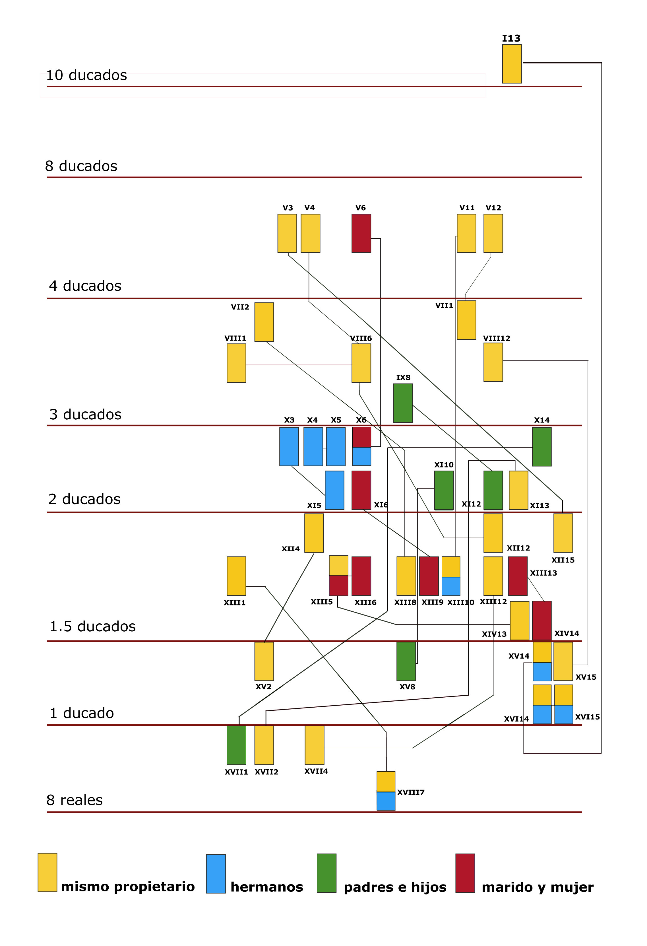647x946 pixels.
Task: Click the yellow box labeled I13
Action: click(512, 64)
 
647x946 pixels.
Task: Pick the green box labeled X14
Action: click(541, 447)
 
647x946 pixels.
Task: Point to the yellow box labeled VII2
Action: click(264, 322)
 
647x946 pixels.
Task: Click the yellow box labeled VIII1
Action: click(236, 363)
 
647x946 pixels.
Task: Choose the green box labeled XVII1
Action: click(236, 745)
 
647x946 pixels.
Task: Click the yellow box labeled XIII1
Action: click(236, 576)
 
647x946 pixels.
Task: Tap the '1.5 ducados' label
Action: click(92, 626)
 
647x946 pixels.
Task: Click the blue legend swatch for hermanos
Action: click(216, 873)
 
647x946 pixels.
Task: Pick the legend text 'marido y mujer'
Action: click(537, 887)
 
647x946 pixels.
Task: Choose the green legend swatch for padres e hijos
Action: click(326, 873)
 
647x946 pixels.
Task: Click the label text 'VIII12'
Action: click(497, 338)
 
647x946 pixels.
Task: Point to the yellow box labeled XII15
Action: click(563, 533)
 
